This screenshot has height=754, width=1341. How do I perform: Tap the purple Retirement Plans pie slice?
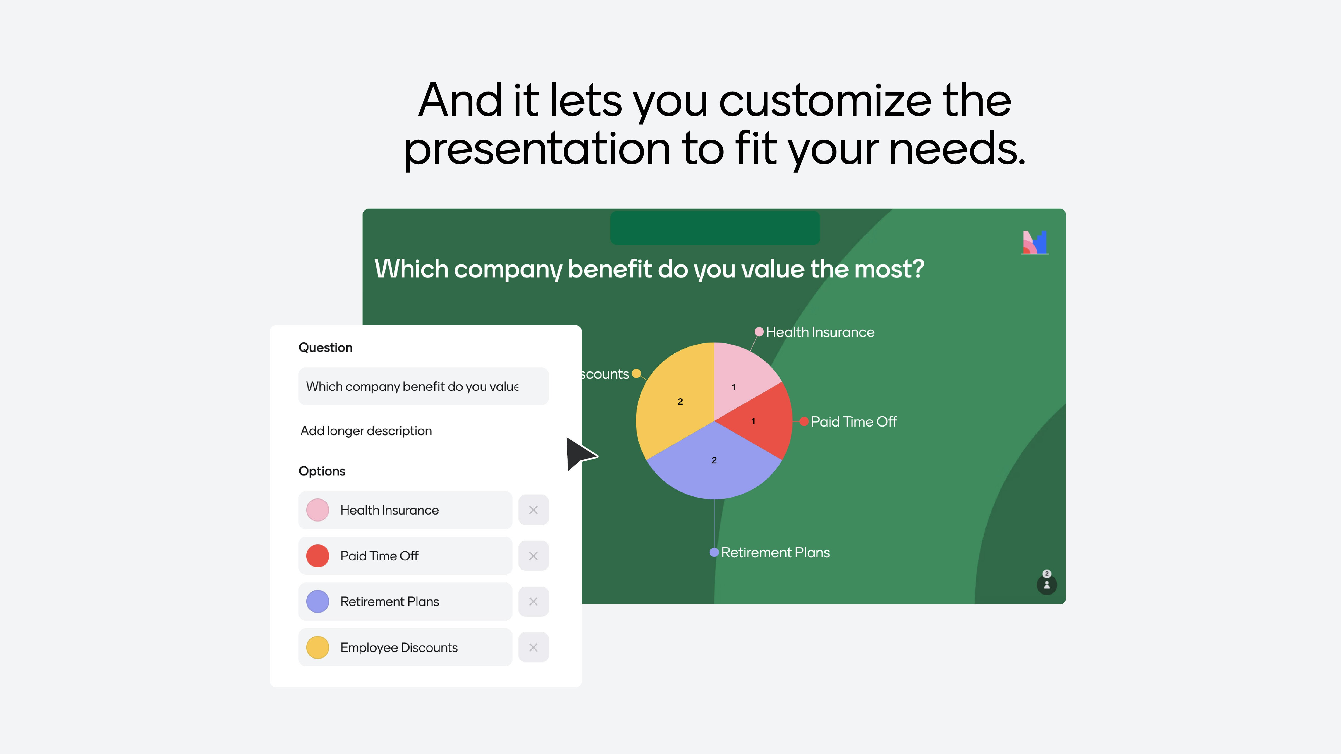714,463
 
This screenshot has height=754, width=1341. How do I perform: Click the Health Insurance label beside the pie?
820,332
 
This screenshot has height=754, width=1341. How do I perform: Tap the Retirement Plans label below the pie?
775,553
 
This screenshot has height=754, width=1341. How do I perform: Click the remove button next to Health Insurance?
533,510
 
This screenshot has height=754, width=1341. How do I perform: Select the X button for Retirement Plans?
533,602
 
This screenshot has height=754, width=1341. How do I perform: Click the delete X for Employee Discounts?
533,647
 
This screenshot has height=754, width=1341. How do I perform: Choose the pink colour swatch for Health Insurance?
317,510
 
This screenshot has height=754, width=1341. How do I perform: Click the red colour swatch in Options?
317,556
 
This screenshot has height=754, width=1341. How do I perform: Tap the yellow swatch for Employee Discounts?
317,647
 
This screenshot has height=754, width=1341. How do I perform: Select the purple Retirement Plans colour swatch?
317,602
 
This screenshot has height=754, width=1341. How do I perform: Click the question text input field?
423,386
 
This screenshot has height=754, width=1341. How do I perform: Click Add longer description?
366,431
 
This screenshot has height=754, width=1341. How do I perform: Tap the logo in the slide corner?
1035,243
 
